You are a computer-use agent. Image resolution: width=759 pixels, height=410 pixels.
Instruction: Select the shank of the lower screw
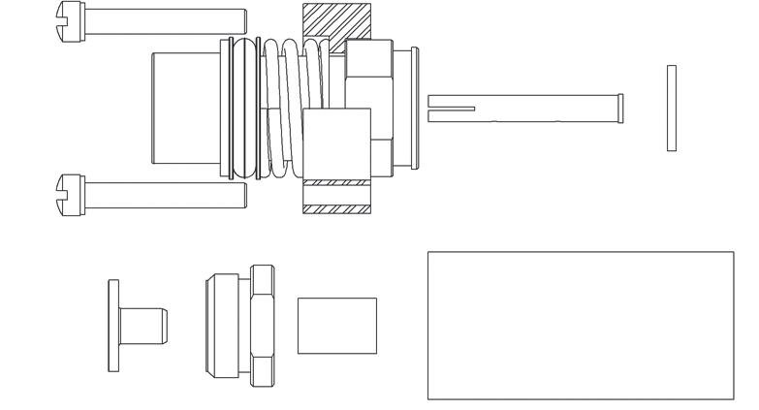coord(165,193)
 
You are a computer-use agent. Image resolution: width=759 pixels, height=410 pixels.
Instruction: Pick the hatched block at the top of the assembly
coord(336,21)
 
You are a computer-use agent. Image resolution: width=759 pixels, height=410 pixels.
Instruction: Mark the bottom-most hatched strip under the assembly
coord(336,207)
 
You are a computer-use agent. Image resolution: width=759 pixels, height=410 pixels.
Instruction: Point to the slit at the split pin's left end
coord(450,109)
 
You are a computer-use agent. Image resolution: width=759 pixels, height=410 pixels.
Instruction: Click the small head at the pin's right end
coord(620,109)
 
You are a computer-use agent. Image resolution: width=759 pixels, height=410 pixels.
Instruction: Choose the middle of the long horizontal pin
coord(543,109)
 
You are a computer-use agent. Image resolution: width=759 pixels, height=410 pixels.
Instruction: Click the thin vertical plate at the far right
coord(671,108)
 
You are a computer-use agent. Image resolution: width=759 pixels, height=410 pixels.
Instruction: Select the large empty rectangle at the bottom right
coord(580,325)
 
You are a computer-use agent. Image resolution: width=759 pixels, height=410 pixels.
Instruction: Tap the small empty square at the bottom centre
coord(336,326)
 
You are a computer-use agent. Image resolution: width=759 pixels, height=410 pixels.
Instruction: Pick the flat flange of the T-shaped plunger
coord(113,325)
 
